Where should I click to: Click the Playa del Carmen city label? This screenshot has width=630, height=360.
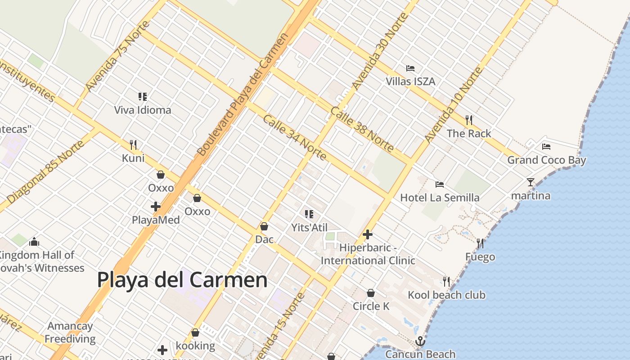click(182, 280)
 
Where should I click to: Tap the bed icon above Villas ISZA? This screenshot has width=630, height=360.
click(410, 68)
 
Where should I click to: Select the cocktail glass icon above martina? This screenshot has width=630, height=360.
click(531, 182)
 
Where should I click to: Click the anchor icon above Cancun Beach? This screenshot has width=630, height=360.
click(420, 341)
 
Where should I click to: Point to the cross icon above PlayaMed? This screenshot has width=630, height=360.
click(156, 207)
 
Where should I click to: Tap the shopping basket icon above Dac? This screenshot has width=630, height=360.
click(264, 226)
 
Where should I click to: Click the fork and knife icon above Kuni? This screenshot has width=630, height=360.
click(133, 144)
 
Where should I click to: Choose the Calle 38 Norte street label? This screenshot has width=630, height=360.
click(362, 129)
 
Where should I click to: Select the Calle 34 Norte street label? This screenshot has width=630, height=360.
click(294, 137)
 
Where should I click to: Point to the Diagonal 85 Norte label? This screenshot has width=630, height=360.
click(45, 171)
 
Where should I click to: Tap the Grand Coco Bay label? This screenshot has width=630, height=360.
click(547, 160)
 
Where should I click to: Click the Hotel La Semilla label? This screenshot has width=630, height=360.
click(440, 198)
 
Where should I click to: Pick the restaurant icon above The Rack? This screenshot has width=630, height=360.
click(469, 120)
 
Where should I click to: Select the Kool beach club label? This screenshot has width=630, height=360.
click(446, 295)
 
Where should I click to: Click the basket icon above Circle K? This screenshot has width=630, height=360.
click(371, 293)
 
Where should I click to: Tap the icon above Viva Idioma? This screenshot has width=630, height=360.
click(143, 96)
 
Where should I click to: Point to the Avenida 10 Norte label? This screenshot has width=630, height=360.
click(454, 105)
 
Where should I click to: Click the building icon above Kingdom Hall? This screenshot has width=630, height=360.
click(34, 242)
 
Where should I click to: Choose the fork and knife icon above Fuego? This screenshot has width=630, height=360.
click(480, 243)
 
